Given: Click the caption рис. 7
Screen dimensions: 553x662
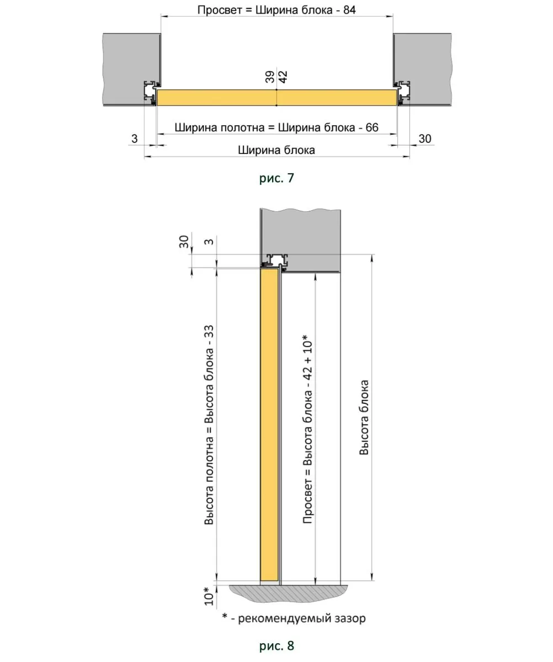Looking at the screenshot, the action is pyautogui.click(x=276, y=178).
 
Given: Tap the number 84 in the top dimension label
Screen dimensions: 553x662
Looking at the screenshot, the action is pyautogui.click(x=349, y=10).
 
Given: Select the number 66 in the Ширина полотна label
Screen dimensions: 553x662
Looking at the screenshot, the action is pyautogui.click(x=372, y=127).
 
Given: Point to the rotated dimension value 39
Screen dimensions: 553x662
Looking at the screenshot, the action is pyautogui.click(x=270, y=77).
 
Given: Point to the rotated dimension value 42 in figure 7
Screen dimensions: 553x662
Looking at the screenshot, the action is pyautogui.click(x=283, y=77).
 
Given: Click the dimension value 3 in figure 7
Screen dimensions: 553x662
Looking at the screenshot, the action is pyautogui.click(x=135, y=138).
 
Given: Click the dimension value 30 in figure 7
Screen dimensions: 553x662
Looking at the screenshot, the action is pyautogui.click(x=425, y=138).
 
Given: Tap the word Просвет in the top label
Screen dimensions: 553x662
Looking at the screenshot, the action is pyautogui.click(x=220, y=10).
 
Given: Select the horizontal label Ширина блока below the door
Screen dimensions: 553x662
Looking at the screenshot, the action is pyautogui.click(x=276, y=150).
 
